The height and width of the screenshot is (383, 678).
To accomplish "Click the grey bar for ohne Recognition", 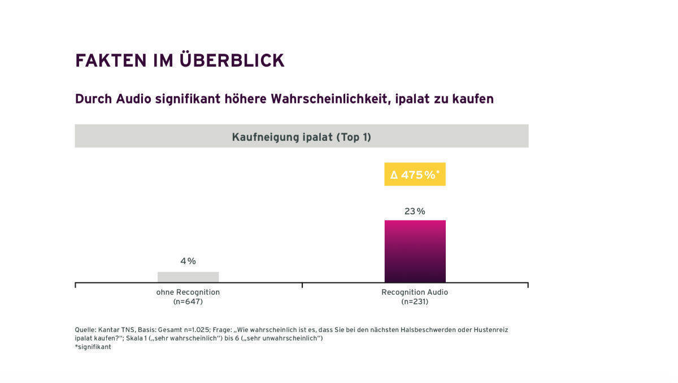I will [188, 277].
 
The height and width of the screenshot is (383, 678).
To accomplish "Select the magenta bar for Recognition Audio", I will [415, 251].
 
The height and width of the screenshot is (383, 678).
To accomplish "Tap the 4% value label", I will [188, 261].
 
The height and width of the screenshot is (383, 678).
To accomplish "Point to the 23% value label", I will [415, 211].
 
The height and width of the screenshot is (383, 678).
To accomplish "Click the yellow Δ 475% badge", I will [415, 175].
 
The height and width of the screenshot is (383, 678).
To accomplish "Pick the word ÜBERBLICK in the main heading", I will [232, 61].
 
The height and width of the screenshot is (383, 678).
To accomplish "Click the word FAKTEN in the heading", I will [108, 61].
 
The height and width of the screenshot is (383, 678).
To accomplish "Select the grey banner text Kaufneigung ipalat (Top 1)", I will [301, 137].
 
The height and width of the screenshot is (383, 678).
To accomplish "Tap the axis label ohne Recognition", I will [188, 292].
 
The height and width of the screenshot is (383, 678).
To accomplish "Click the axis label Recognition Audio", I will [415, 292].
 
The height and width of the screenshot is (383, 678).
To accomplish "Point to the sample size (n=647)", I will [188, 302].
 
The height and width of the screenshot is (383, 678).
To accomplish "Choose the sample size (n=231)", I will [415, 302].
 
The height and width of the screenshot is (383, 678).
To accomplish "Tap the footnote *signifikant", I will [93, 347].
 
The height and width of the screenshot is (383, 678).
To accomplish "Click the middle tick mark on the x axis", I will [302, 285].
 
